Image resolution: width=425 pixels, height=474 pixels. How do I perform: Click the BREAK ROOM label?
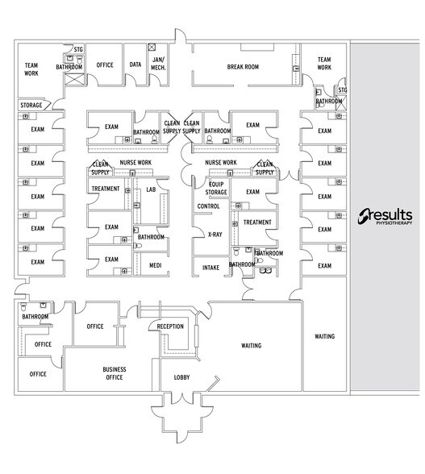coord(243,66)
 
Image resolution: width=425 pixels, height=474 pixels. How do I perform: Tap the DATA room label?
coord(135,64)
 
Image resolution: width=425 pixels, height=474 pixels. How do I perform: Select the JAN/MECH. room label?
coord(158,64)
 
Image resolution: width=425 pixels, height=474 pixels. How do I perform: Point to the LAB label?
coord(151,189)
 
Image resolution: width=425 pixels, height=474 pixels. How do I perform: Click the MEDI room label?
coord(155,265)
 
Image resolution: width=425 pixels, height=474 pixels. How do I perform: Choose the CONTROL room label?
coord(208,206)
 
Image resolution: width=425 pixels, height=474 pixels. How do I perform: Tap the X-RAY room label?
coord(214,235)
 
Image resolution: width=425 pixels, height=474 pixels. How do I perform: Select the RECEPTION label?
coord(170,326)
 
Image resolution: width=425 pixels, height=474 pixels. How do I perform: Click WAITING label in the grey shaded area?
coord(324,336)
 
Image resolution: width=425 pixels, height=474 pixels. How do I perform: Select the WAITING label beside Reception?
coord(251,346)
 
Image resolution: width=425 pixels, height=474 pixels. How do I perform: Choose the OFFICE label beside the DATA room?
coord(104,64)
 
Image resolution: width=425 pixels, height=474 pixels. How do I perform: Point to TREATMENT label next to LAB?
coord(106,189)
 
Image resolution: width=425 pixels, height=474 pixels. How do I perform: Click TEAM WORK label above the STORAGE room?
coord(31,70)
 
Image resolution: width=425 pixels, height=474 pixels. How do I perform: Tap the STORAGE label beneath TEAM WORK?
coord(31,105)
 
